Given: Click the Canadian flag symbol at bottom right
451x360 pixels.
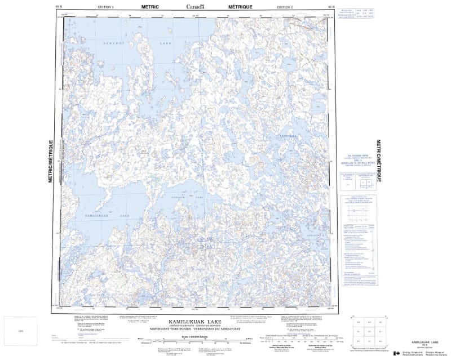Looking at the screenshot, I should coord(396,353).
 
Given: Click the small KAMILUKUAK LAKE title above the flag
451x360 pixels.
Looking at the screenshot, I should coord(424,342).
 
